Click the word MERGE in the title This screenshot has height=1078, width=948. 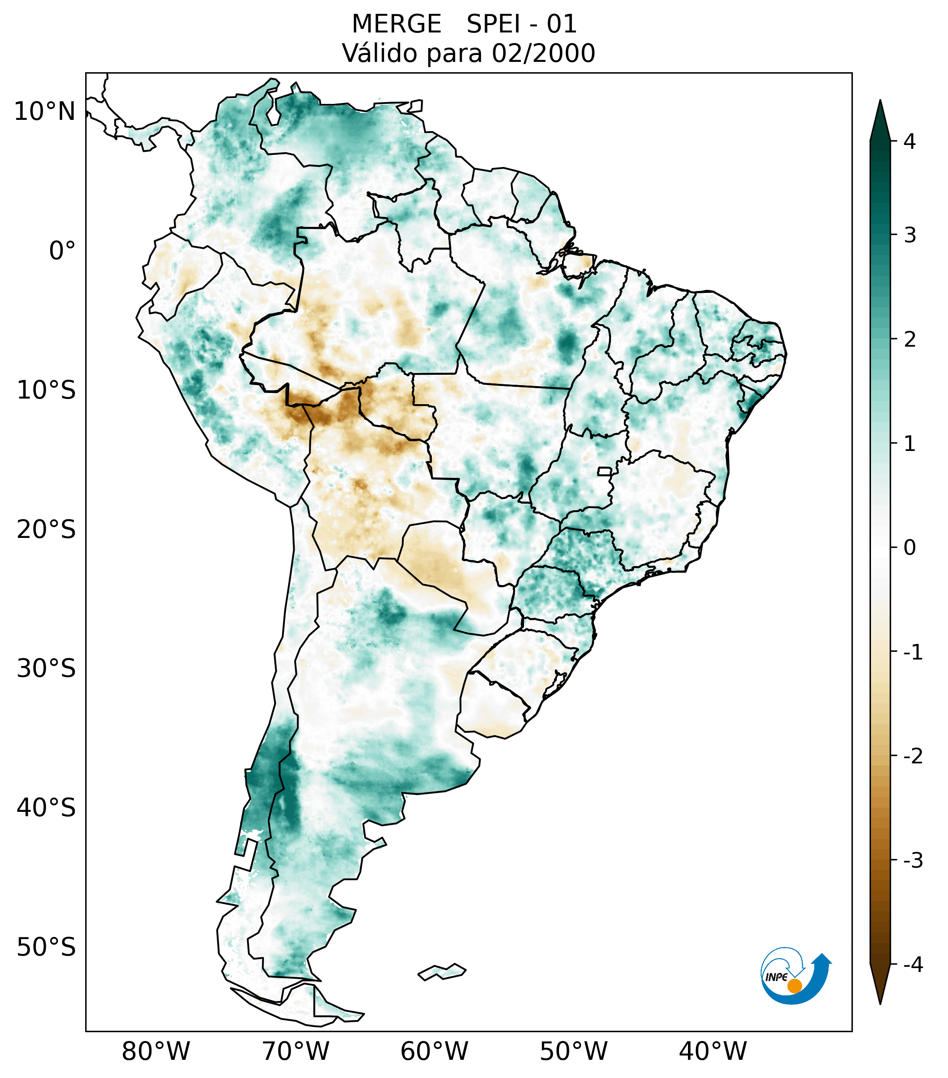click(396, 24)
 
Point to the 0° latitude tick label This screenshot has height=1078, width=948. click(62, 251)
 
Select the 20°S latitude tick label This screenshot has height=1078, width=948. click(46, 530)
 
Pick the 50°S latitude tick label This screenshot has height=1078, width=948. click(46, 948)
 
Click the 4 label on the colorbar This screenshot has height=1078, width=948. click(909, 142)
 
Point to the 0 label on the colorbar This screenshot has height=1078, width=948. click(909, 547)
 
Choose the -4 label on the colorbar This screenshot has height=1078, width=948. click(913, 965)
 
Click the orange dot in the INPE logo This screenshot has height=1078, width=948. click(794, 986)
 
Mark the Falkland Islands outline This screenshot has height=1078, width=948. click(442, 972)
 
